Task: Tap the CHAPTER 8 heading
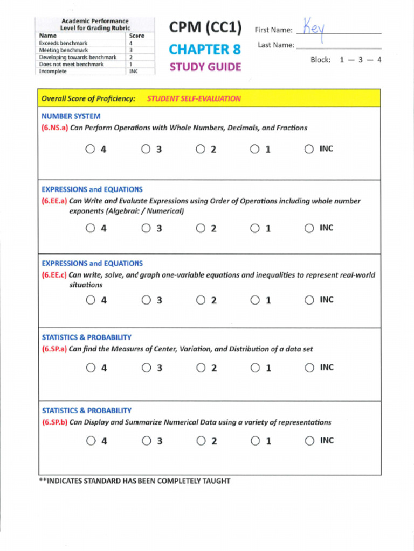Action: tap(204, 50)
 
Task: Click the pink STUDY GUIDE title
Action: tap(205, 67)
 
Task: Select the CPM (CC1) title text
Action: tap(205, 27)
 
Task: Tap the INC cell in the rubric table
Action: tap(134, 71)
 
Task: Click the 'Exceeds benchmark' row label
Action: tap(63, 43)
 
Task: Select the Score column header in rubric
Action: tap(136, 36)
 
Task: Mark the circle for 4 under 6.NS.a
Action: tap(90, 149)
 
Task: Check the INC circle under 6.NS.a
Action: tap(309, 149)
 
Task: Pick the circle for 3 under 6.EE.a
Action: tap(146, 228)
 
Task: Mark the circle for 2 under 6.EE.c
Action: tap(201, 300)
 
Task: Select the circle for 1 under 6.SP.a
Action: tap(254, 368)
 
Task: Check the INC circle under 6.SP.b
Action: tap(309, 441)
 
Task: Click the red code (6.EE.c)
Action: tap(54, 275)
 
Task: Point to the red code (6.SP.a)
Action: tap(54, 349)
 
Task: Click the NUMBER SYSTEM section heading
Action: tap(71, 116)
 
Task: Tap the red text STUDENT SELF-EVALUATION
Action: tap(194, 98)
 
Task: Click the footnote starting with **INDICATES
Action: tap(134, 481)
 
